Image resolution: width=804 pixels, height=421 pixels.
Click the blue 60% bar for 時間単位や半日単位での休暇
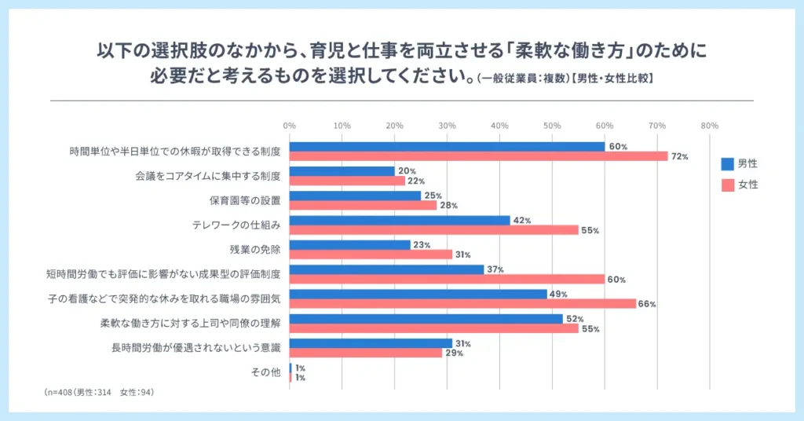(447, 146)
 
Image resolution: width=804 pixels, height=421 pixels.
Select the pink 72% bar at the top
(478, 156)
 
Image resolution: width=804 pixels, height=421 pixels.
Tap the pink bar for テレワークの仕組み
(433, 230)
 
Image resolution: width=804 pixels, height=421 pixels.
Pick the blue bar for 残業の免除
(350, 244)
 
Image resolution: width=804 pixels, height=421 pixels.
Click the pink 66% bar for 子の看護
(462, 304)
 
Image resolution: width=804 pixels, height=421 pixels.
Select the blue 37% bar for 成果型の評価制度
(387, 269)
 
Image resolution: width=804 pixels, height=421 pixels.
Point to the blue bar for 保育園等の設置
(356, 196)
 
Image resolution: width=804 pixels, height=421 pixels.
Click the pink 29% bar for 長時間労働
(366, 353)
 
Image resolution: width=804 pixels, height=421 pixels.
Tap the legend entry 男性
(739, 164)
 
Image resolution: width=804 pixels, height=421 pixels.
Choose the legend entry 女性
(739, 185)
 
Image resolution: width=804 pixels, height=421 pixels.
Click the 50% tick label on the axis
(552, 126)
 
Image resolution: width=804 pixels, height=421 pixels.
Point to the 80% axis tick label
(709, 126)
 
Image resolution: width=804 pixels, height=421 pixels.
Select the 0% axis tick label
(290, 126)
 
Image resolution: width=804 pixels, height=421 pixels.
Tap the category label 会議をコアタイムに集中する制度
(208, 176)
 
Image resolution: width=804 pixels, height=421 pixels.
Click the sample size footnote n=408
(100, 390)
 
